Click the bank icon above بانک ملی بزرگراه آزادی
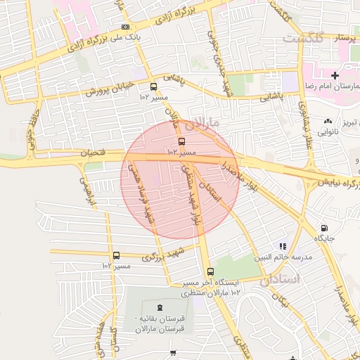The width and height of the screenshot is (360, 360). pos(125,27)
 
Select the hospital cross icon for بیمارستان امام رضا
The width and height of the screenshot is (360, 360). pos(335,75)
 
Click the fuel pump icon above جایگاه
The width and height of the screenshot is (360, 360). pos(323,228)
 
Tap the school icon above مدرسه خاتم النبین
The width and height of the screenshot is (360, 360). pos(283,246)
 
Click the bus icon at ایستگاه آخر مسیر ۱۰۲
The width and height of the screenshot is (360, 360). pos(210,271)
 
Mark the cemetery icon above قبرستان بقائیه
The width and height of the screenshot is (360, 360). pos(160,307)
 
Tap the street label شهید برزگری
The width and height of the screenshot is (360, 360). pos(162,253)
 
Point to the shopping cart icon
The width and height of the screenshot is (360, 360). pos(173,352)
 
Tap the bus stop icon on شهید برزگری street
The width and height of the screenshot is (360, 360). pos(116,256)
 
